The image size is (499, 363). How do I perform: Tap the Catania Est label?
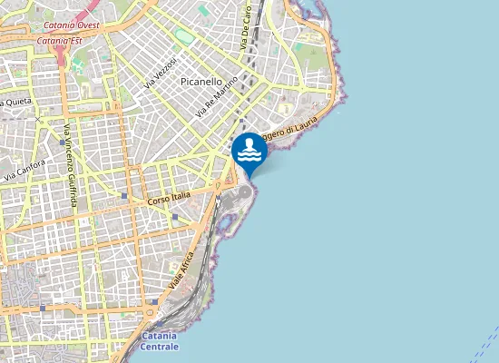(x=60, y=41)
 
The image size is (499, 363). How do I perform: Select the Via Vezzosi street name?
(x=159, y=72)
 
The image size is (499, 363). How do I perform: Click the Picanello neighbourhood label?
(x=201, y=81)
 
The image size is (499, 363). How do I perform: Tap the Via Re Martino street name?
(x=217, y=97)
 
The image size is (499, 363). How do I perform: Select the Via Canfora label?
(x=24, y=170)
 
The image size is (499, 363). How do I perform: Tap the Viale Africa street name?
(x=182, y=270)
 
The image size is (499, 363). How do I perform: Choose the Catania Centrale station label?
(x=161, y=341)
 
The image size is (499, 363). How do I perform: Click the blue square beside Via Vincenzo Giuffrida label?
(x=61, y=142)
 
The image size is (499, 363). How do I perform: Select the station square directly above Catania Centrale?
(x=155, y=300)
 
